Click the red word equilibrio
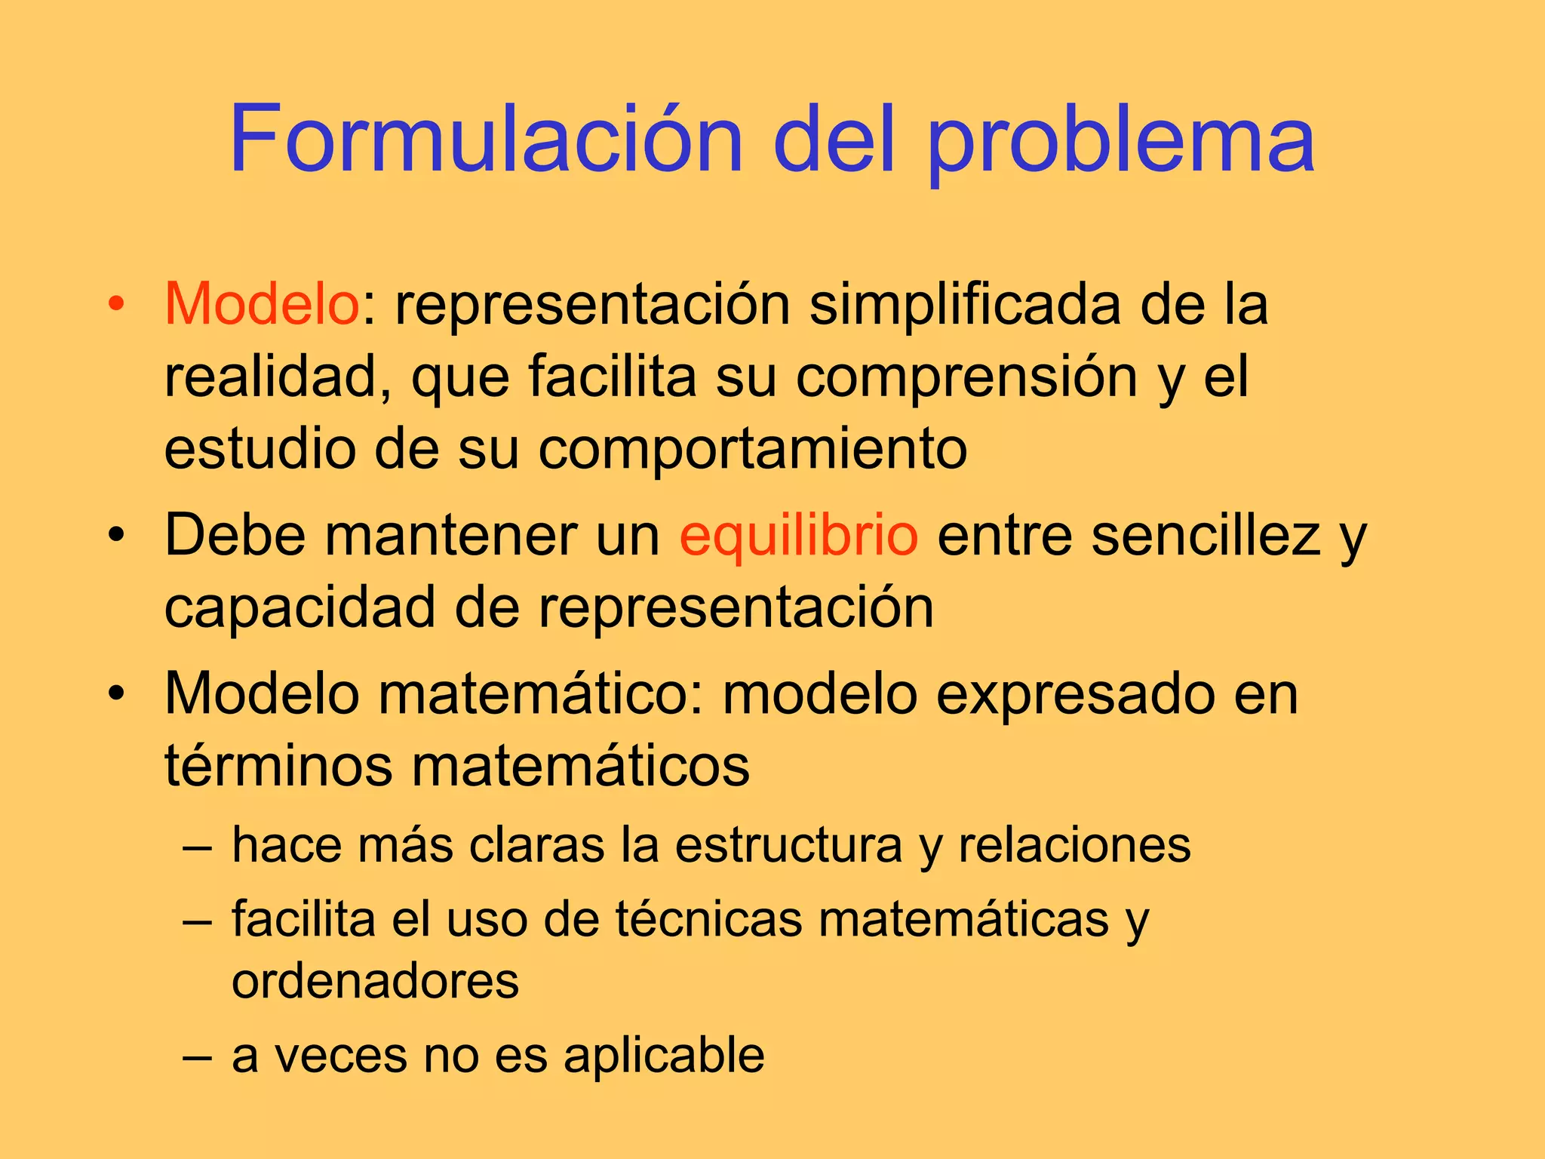[799, 535]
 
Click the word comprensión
[966, 377]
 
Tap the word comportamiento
[752, 450]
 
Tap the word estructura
[788, 844]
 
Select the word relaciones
[1074, 844]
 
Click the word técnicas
[708, 920]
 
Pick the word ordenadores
[376, 981]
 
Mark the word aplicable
[664, 1055]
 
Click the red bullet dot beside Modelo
[115, 304]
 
